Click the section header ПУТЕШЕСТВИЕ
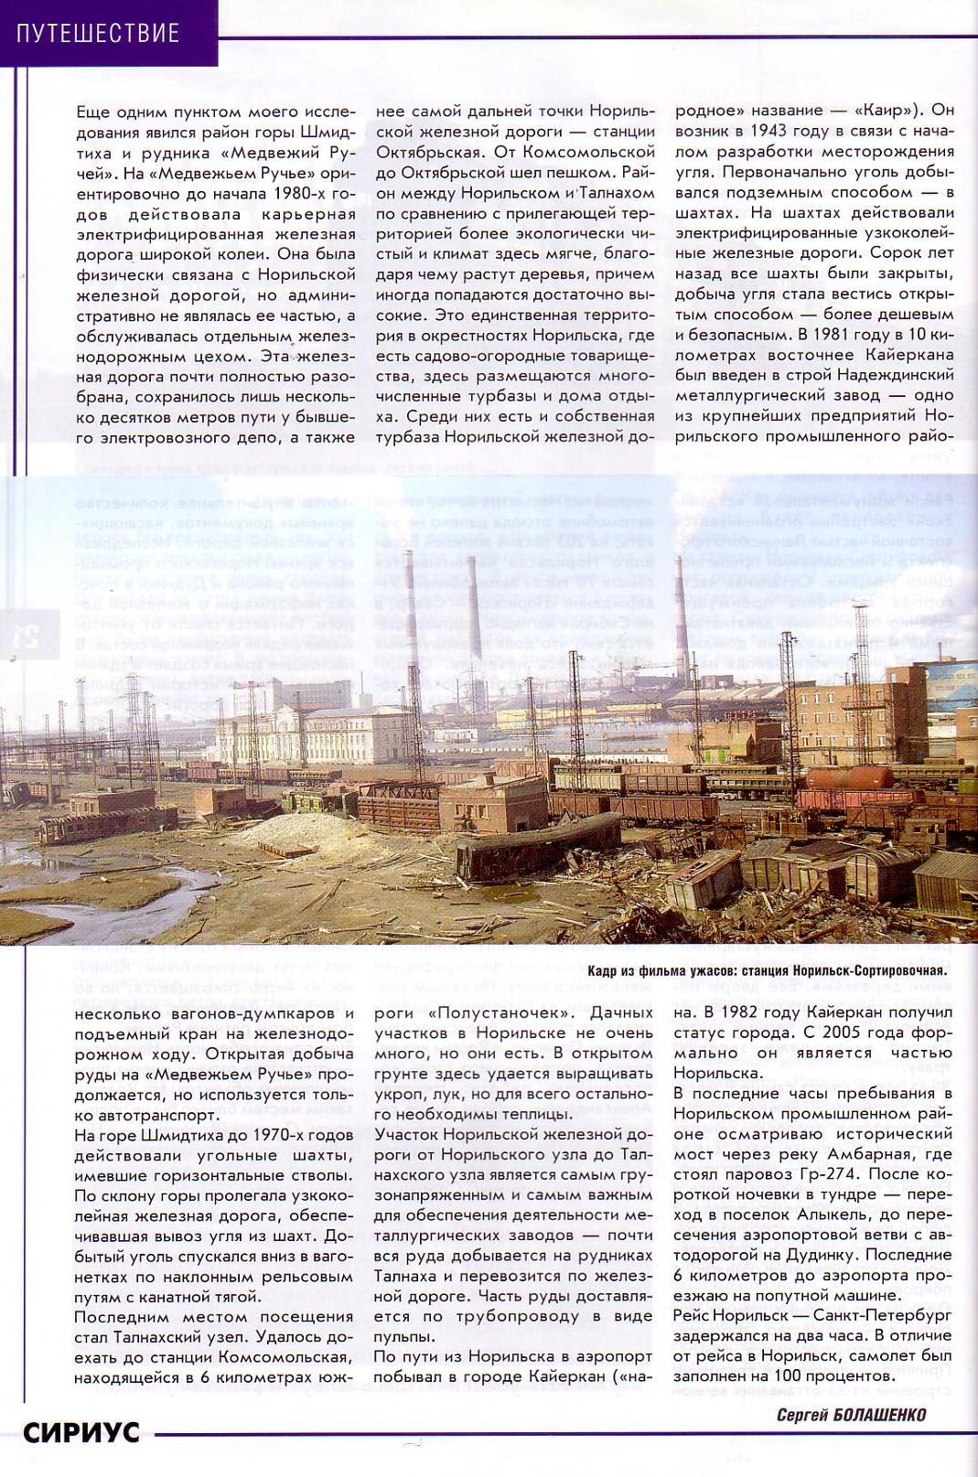pyautogui.click(x=98, y=34)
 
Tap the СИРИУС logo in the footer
pyautogui.click(x=81, y=1431)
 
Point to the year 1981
pyautogui.click(x=854, y=334)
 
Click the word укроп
pyautogui.click(x=401, y=1094)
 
